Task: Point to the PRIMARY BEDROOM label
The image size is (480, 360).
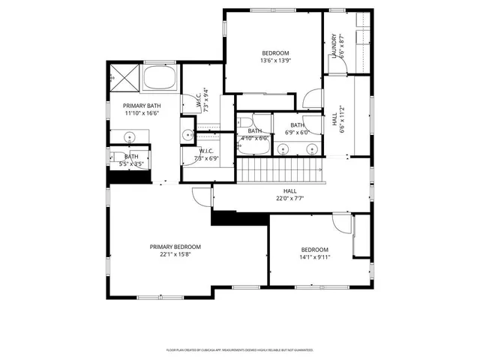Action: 175,247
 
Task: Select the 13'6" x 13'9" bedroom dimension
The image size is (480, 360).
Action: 275,61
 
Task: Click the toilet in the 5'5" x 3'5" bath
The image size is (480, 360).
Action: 122,157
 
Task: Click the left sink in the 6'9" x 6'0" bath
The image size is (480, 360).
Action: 283,148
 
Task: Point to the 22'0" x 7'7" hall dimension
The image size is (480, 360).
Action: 289,199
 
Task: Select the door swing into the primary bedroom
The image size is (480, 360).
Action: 201,196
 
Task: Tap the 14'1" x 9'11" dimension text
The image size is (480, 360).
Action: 315,257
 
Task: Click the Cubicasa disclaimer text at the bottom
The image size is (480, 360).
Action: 239,349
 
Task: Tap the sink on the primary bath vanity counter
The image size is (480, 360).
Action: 130,137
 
